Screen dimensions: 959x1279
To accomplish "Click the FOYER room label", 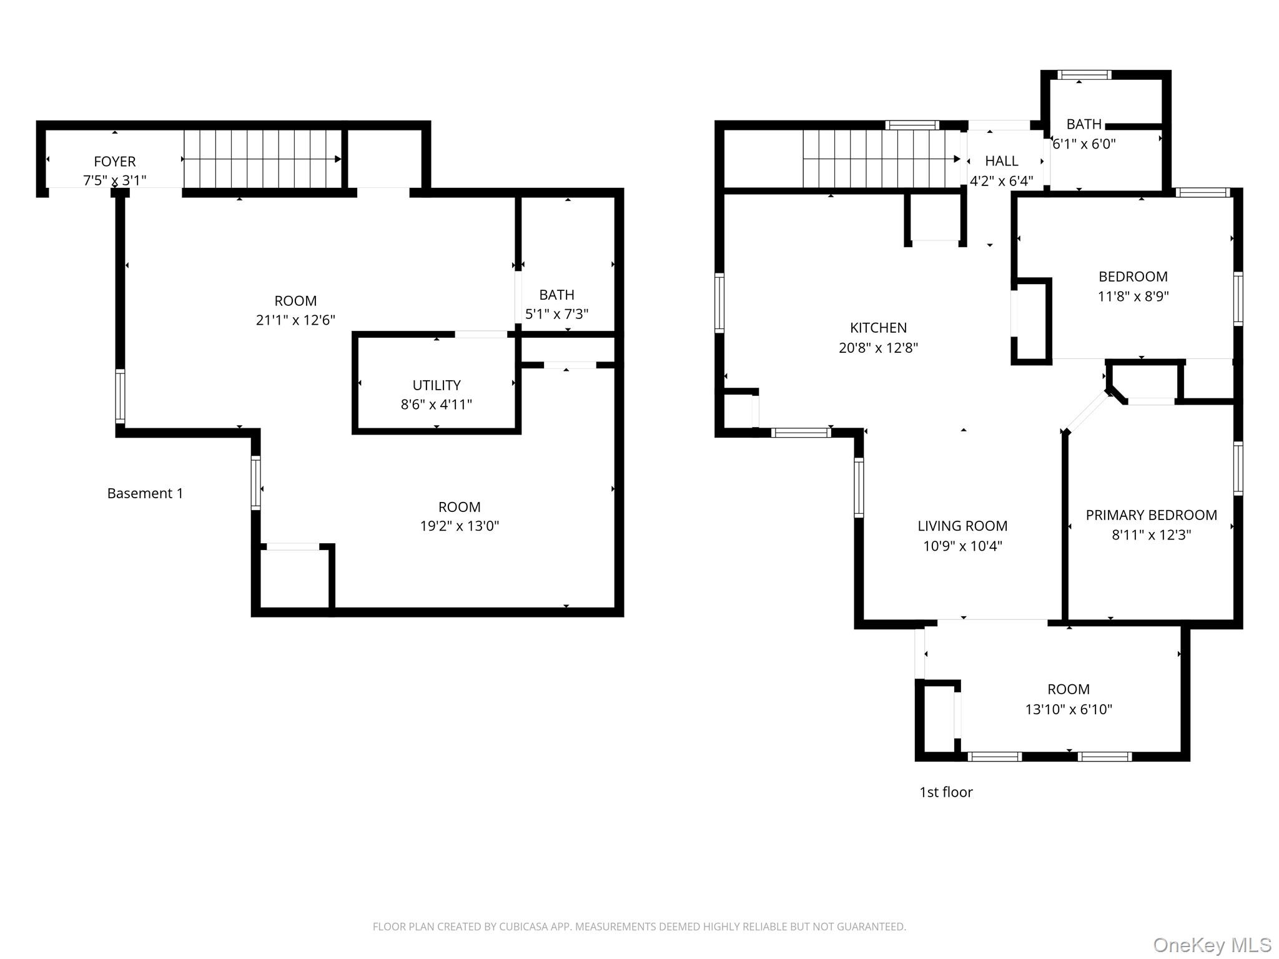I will (x=114, y=162).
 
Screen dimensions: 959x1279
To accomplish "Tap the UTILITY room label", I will (x=437, y=385).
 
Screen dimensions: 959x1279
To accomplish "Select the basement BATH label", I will (x=556, y=295).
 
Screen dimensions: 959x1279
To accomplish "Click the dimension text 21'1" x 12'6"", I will (x=295, y=320).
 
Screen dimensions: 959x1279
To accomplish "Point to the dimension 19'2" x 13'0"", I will (x=459, y=526).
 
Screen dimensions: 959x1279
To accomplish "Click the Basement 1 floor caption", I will (x=145, y=493).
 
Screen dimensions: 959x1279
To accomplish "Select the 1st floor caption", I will (x=946, y=792).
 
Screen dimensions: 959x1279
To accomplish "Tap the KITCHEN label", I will (x=878, y=328).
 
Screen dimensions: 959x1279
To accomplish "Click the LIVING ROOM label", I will (x=962, y=526).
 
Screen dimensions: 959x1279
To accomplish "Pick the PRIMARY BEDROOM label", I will (x=1151, y=515).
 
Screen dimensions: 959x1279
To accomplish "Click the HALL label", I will (x=1002, y=161).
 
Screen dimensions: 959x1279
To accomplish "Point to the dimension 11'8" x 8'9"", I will (x=1133, y=297).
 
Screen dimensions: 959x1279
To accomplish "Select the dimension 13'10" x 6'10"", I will (x=1069, y=709).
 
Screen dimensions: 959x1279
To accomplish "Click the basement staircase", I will (x=262, y=159).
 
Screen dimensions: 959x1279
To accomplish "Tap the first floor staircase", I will (x=881, y=159).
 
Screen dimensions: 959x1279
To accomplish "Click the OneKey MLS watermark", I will (x=1212, y=945).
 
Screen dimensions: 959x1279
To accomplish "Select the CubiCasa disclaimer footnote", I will (x=639, y=927).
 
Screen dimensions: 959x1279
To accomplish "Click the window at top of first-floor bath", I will (x=1084, y=75).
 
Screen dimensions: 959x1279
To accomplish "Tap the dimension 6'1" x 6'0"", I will (x=1084, y=144).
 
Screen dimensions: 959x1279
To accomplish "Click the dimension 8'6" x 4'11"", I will (x=437, y=405).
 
